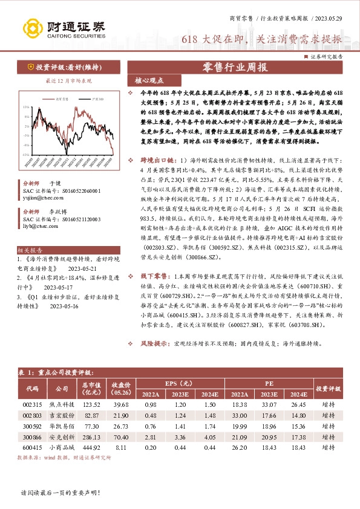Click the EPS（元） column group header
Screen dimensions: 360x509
point(179,383)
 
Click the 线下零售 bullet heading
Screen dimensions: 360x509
point(155,292)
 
